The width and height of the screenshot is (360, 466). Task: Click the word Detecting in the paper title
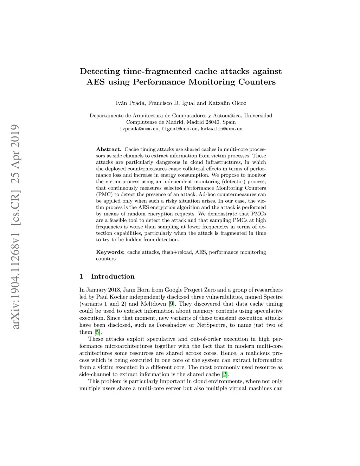coord(100,71)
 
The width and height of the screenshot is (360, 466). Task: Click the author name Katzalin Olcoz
coord(227,103)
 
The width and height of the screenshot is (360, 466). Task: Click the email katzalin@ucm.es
coord(221,129)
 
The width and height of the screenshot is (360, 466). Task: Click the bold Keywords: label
coord(110,252)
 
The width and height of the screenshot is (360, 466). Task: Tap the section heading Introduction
coord(112,276)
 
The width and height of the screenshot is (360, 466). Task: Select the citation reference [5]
coord(97,332)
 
